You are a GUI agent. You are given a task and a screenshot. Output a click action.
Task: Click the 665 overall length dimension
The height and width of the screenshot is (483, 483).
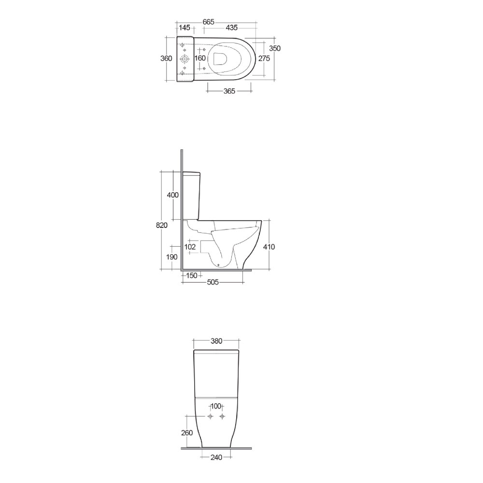pyautogui.click(x=209, y=22)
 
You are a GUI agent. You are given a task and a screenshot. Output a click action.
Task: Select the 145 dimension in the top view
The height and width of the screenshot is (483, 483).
pyautogui.click(x=185, y=28)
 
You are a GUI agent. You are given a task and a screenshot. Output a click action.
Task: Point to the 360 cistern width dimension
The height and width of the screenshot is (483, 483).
pyautogui.click(x=166, y=58)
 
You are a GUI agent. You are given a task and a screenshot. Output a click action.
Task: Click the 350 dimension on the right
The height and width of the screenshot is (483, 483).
pyautogui.click(x=275, y=48)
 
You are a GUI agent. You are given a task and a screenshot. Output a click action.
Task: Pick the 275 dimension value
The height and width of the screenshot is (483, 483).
pyautogui.click(x=264, y=58)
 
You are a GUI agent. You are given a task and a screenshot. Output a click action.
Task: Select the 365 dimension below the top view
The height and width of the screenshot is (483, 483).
pyautogui.click(x=229, y=91)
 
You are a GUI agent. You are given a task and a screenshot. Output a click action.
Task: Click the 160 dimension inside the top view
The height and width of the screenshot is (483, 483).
pyautogui.click(x=200, y=58)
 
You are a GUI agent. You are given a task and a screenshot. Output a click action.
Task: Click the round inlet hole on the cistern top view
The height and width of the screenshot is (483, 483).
pyautogui.click(x=185, y=59)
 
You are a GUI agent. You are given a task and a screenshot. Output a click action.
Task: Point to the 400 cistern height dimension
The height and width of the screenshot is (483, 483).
pyautogui.click(x=173, y=195)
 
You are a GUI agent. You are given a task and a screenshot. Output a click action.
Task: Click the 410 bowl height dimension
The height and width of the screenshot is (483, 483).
pyautogui.click(x=269, y=247)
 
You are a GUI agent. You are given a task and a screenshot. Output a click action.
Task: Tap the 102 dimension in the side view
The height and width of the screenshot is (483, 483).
pyautogui.click(x=190, y=247)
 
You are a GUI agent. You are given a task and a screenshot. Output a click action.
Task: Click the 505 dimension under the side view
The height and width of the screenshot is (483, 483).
pyautogui.click(x=213, y=283)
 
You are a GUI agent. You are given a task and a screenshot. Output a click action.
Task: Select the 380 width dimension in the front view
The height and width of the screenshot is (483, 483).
pyautogui.click(x=216, y=341)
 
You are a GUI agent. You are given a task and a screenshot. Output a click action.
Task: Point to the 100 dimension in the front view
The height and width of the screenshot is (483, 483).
pyautogui.click(x=216, y=407)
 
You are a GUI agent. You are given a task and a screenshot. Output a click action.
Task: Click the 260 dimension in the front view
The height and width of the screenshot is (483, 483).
pyautogui.click(x=187, y=433)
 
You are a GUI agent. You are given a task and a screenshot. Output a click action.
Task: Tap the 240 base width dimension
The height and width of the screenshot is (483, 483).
pyautogui.click(x=216, y=457)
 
